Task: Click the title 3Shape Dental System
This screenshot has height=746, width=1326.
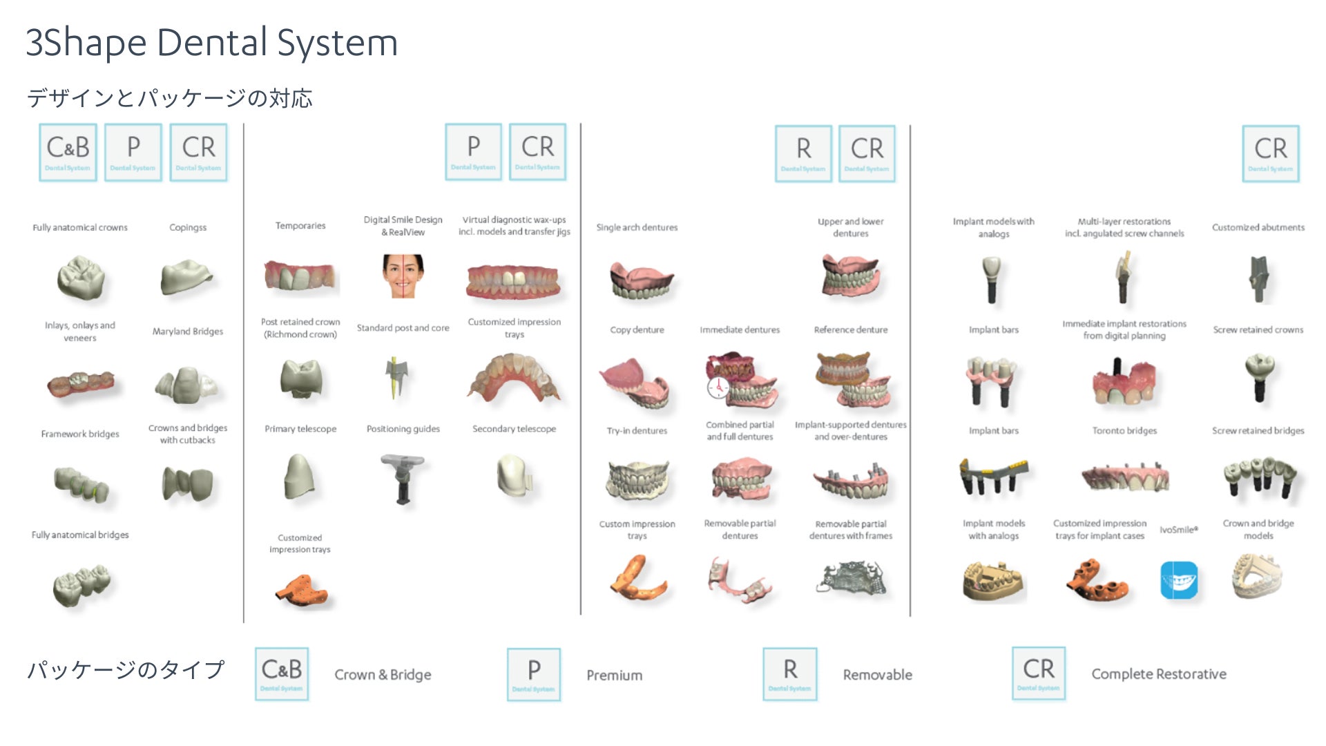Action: coord(211,43)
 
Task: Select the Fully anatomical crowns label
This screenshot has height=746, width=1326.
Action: coord(80,227)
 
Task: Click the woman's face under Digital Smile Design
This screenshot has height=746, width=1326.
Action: coord(403,275)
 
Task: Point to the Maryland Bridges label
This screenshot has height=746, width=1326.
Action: coord(188,332)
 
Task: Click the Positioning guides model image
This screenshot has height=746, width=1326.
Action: coord(403,479)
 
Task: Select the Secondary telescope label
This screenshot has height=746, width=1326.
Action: coord(514,429)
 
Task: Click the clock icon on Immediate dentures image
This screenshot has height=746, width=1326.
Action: coord(718,388)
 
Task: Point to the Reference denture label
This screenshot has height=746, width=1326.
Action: coord(851,330)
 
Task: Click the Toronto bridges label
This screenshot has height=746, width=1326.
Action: coord(1124,430)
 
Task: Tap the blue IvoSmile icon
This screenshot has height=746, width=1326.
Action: coord(1179,580)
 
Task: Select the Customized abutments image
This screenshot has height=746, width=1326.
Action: coord(1258,279)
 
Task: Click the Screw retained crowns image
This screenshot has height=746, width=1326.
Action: coord(1259,377)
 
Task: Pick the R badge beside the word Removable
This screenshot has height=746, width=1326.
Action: coord(790,674)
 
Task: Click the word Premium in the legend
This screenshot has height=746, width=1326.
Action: coord(614,675)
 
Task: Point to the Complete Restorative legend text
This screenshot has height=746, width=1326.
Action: coord(1159,674)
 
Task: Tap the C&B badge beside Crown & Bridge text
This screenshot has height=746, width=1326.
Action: coord(282,674)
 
